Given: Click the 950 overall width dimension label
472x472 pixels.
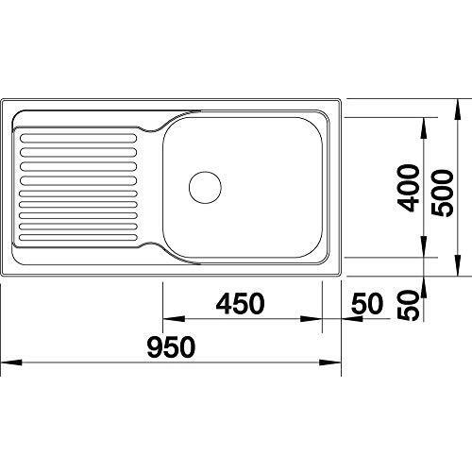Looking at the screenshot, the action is pos(171,347).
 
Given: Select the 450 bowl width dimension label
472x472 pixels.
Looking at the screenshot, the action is pos(240,304).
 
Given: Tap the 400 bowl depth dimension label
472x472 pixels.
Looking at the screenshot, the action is pos(408,189).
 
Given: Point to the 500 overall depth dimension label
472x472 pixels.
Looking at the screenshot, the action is pos(443,193).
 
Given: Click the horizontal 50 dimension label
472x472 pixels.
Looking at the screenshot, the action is pos(367,304).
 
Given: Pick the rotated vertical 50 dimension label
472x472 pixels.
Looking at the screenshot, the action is pos(409,305).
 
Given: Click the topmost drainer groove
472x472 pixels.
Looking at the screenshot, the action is pos(78,138).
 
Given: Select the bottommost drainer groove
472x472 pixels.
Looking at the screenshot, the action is pos(78,238).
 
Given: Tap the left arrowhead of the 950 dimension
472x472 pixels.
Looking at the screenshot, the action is pos(11,362).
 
